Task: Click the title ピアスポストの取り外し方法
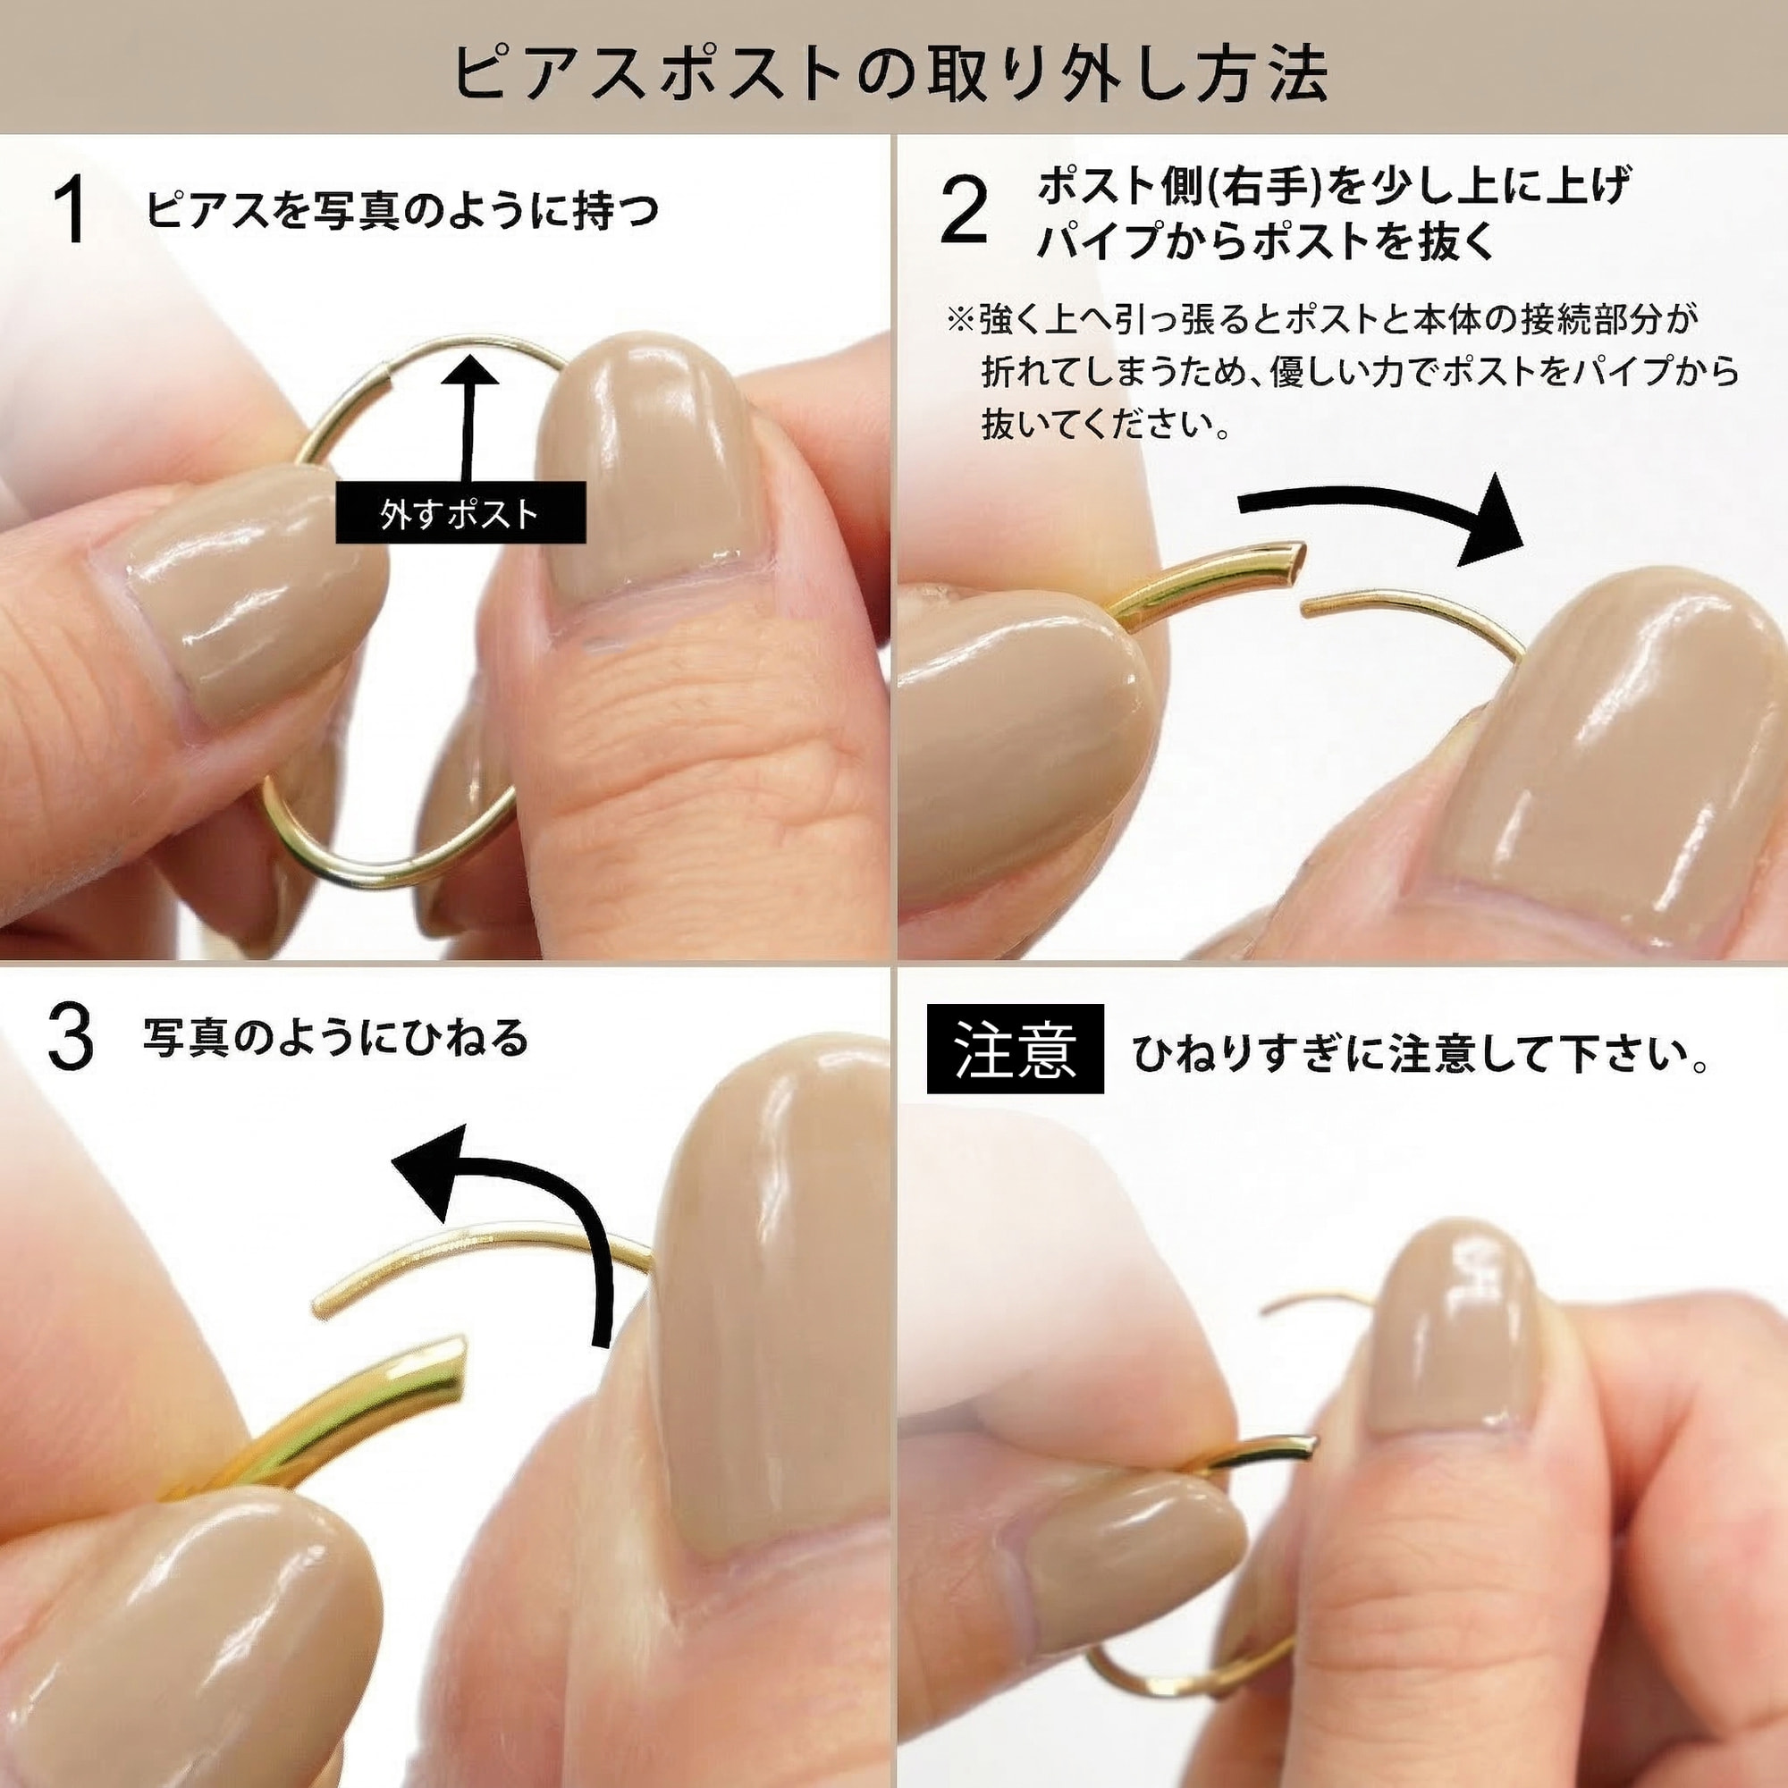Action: point(892,72)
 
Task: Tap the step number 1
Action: point(71,211)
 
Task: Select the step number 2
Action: point(964,211)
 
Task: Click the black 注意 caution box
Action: point(1016,1049)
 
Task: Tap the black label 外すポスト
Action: point(460,512)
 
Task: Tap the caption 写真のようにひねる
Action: point(335,1038)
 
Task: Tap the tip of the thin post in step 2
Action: point(1307,607)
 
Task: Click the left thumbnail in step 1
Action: point(248,593)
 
